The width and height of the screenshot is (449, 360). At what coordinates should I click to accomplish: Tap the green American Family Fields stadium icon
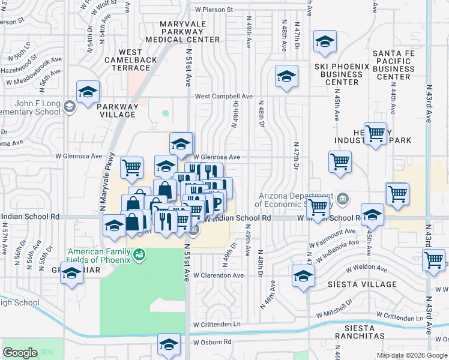click(139, 254)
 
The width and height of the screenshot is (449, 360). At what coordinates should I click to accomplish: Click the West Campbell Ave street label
click(223, 96)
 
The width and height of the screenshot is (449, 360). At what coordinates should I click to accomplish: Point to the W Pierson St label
click(212, 10)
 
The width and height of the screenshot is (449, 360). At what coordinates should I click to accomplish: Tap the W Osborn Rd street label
click(212, 342)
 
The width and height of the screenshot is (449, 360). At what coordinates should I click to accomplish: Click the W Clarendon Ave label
click(218, 275)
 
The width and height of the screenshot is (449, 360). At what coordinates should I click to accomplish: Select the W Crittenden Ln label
click(216, 325)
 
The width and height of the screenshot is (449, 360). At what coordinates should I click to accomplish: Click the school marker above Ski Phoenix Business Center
click(325, 41)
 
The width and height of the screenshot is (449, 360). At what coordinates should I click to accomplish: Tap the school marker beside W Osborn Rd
click(169, 344)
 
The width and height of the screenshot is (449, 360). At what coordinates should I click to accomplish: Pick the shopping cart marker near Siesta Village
click(433, 260)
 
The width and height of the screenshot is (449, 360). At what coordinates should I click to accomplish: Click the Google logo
click(20, 353)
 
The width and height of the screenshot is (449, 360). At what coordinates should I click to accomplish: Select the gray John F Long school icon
click(69, 107)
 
